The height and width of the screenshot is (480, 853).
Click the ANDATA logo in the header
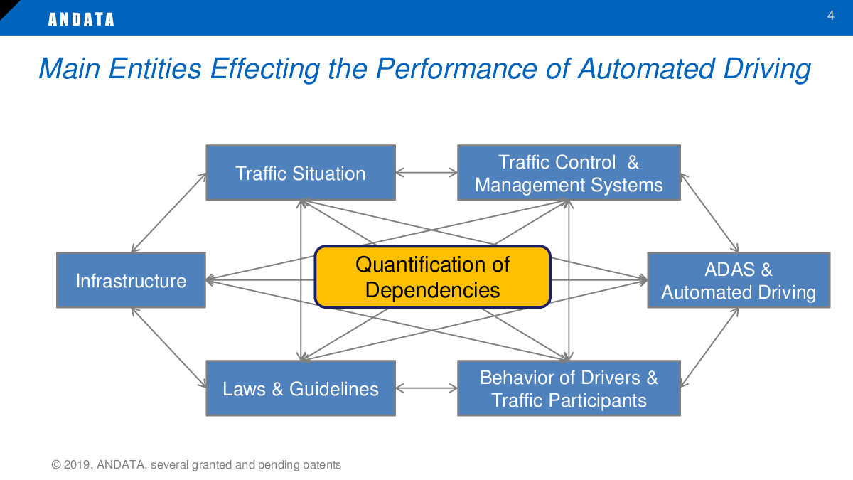coord(81,19)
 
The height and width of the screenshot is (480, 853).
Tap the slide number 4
coord(830,16)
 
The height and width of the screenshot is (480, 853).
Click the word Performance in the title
coord(456,69)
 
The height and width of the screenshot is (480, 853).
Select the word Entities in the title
coord(155,69)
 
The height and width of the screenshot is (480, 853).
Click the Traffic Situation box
coord(301,173)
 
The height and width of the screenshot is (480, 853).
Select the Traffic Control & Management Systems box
coord(569,173)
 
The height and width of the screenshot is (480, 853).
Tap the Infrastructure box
coord(131,280)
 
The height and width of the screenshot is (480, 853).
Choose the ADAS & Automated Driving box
coord(739,280)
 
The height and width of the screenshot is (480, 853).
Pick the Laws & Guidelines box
coord(301,388)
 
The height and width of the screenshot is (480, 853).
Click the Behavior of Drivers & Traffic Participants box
coord(569,388)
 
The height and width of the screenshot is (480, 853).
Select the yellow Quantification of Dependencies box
coord(433,277)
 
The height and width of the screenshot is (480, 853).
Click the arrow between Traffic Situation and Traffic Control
coord(426,173)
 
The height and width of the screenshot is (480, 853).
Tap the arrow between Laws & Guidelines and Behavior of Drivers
coord(426,388)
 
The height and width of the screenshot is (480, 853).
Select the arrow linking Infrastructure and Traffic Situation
coord(168,213)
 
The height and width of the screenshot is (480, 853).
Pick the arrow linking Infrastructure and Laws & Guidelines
coord(168,348)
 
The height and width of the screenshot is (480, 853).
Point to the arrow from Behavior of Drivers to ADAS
coord(709,348)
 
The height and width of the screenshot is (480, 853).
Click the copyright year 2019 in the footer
coord(77,465)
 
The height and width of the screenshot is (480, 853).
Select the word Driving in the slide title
coord(766,70)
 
